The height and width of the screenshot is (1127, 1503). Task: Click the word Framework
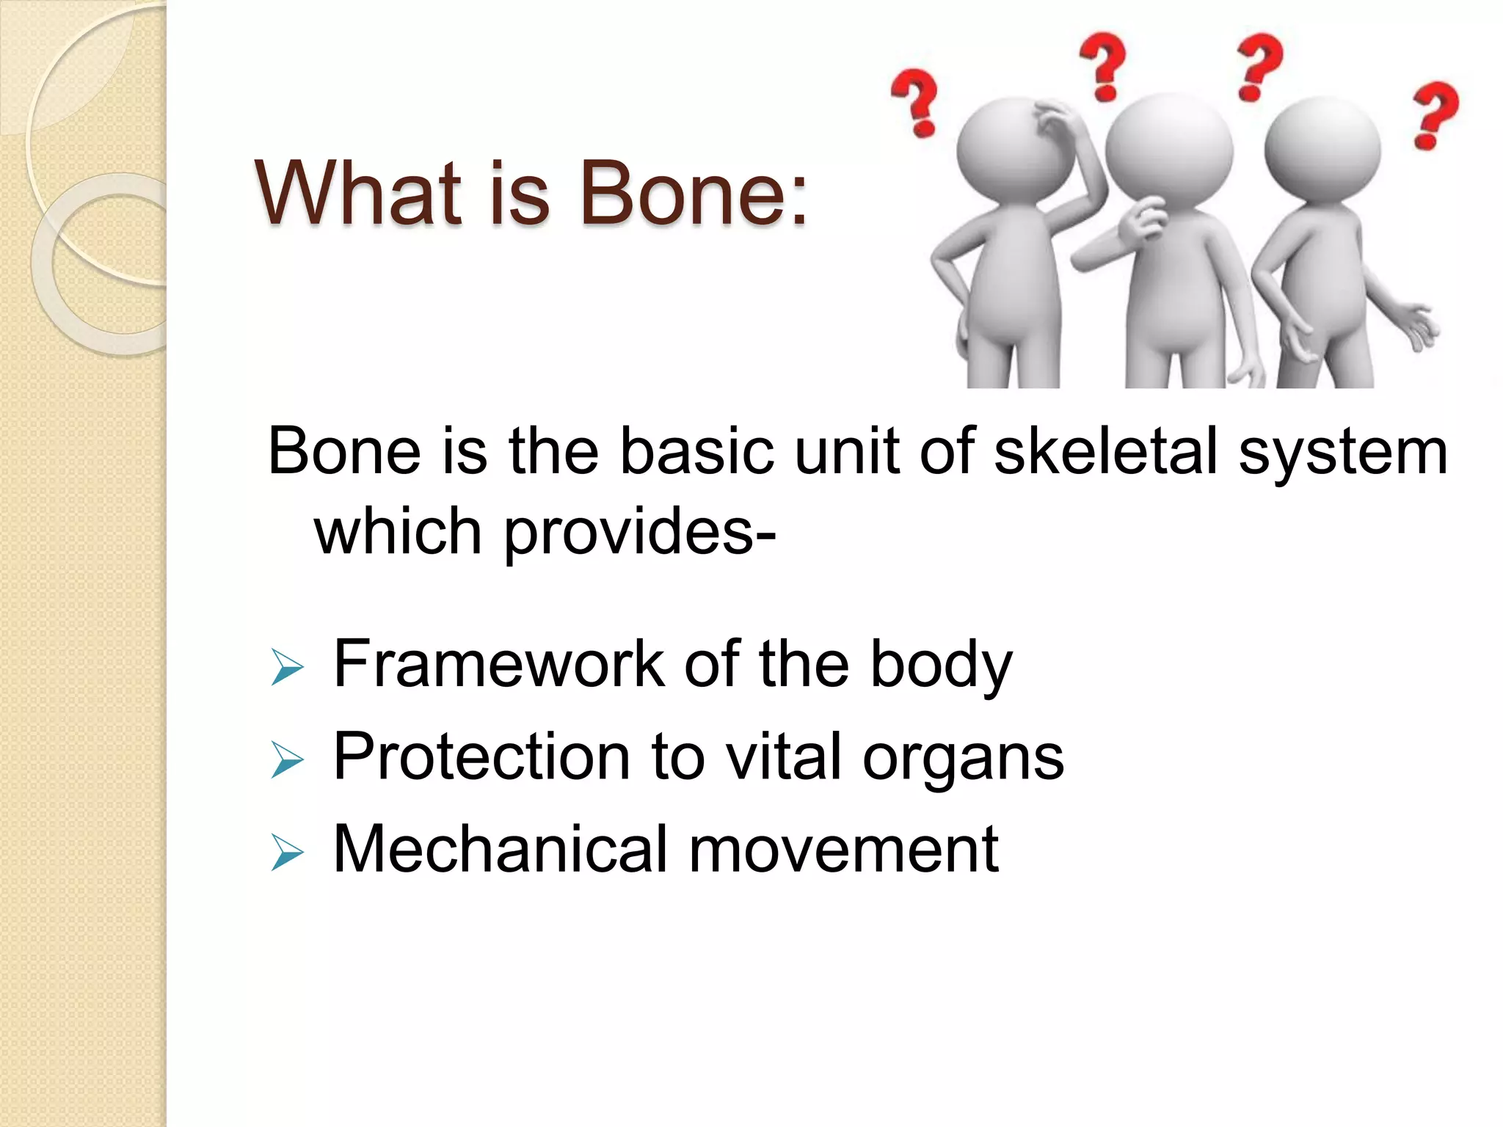coord(499,665)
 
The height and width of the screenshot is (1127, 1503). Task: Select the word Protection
coord(481,757)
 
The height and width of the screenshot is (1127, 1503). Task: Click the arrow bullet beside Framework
coord(286,668)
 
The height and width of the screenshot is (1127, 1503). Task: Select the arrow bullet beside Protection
coord(286,760)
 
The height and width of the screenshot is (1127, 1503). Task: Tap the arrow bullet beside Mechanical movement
coord(286,853)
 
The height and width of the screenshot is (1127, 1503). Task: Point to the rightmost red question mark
coord(1435,116)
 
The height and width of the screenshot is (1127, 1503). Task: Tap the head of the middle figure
coord(1168,147)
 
